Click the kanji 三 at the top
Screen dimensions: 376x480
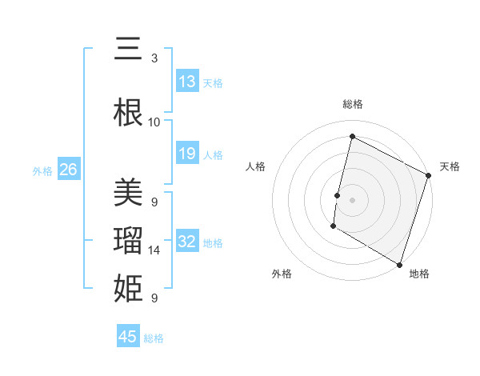coord(128,50)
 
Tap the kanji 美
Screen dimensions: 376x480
coord(128,194)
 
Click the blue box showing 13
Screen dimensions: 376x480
coord(187,82)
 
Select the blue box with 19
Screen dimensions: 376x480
coord(187,154)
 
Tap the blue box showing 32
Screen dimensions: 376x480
coord(187,242)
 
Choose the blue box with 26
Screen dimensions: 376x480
coord(69,170)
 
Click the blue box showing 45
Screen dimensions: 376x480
coord(128,337)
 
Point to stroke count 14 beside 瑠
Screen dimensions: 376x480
coord(154,250)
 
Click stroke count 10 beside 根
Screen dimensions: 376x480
coord(154,122)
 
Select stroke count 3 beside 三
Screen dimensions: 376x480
coord(154,58)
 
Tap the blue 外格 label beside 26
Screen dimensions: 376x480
coord(42,170)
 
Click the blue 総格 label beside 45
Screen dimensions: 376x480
coord(154,338)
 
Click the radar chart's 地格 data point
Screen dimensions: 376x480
coord(399,264)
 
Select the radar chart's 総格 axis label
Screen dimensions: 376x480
coord(352,104)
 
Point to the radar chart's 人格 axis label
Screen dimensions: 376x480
coord(256,166)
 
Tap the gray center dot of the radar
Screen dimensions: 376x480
coord(352,199)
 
